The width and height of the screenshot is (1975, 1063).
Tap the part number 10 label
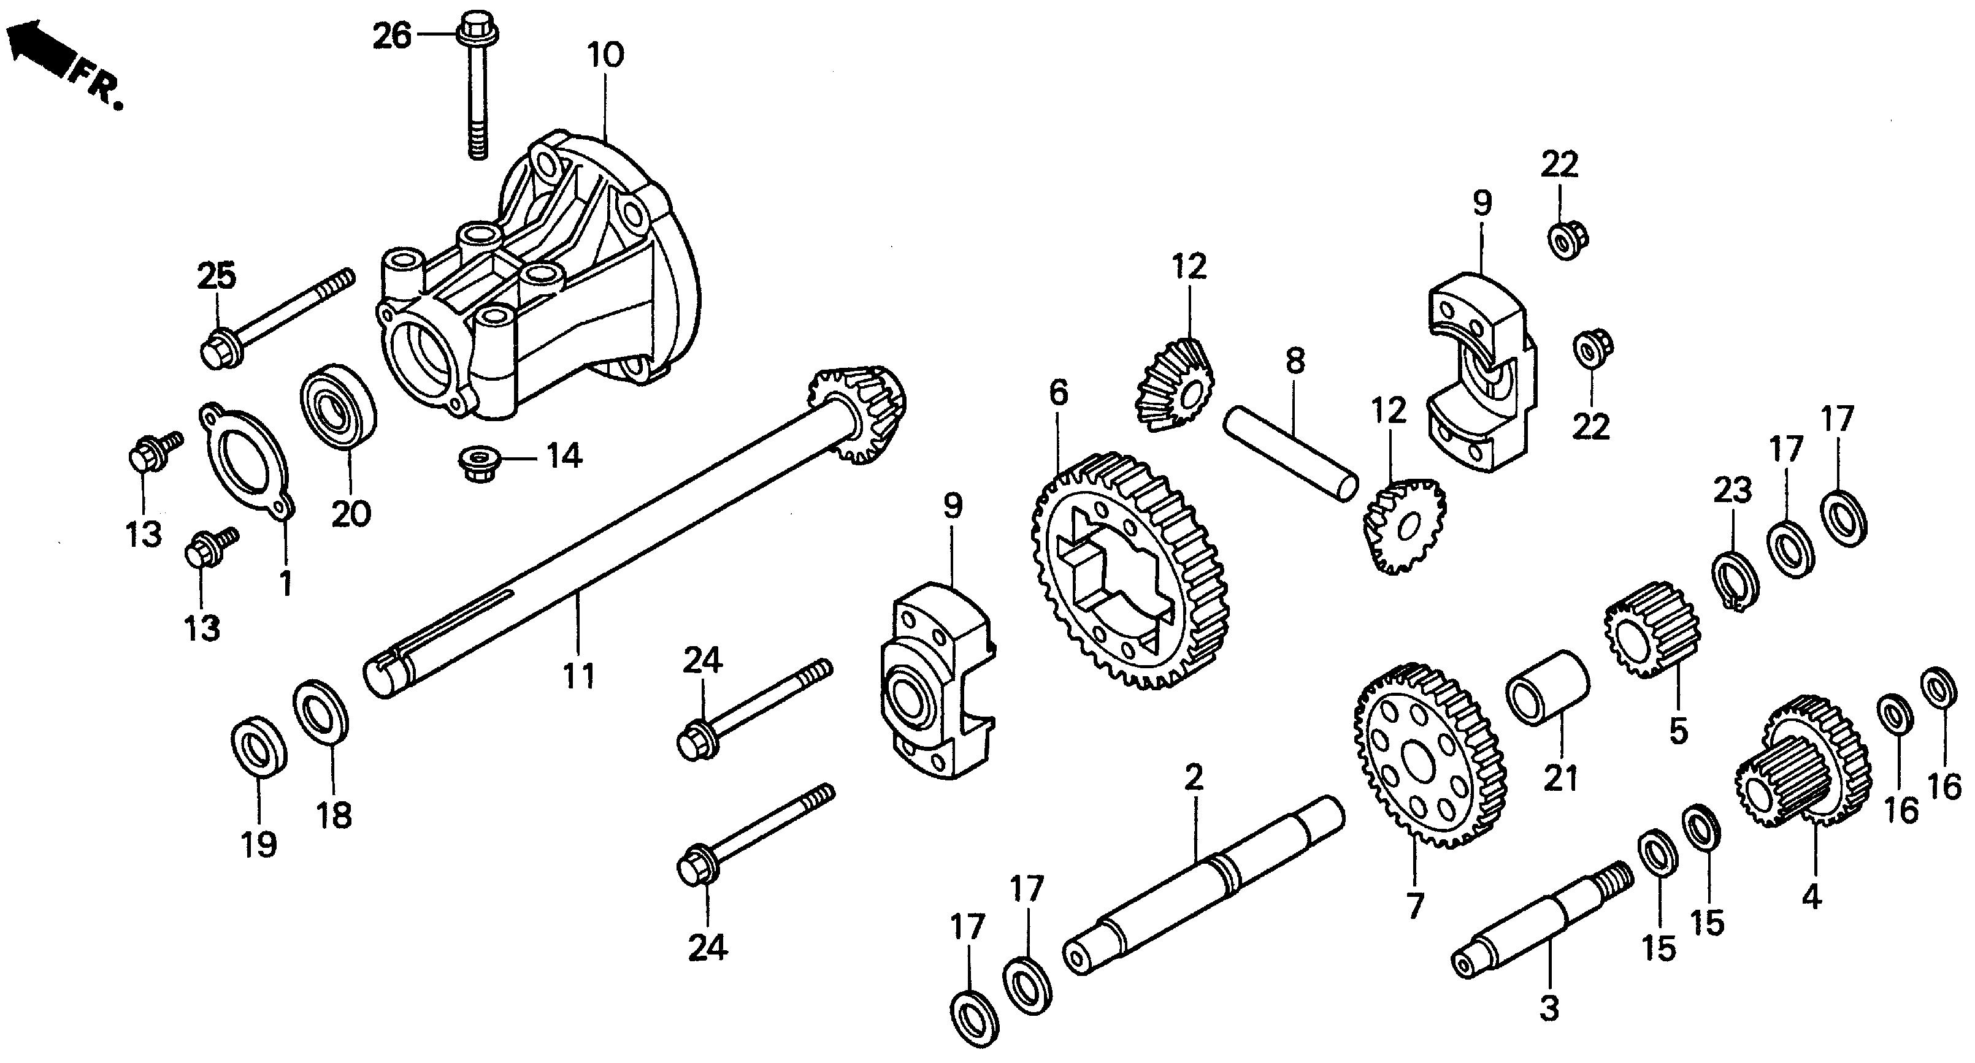[x=606, y=55]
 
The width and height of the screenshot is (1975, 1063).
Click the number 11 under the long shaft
[x=579, y=676]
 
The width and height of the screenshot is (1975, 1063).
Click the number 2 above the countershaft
[x=1194, y=778]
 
